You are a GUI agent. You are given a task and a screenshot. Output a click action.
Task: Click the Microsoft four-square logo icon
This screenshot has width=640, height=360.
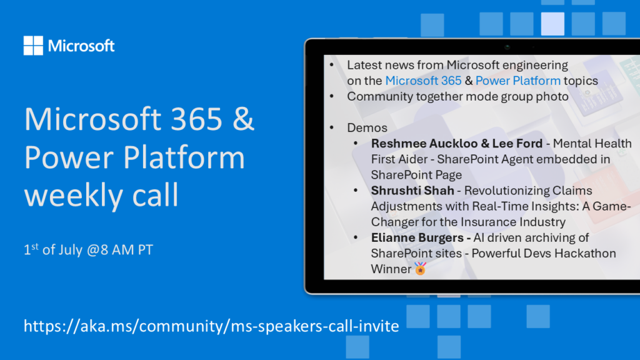(33, 45)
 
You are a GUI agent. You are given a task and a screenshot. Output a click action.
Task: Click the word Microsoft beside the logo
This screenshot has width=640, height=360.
(81, 46)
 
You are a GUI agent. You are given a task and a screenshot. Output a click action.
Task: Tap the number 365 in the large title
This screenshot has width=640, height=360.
(196, 119)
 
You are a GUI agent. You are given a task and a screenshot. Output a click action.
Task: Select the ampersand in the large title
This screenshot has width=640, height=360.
(244, 119)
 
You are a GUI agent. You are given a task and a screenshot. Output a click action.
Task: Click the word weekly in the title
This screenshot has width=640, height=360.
(74, 195)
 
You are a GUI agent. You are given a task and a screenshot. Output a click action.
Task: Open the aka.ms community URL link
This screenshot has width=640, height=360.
(211, 326)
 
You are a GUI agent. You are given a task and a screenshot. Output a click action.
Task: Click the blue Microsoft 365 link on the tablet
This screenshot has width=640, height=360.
(423, 81)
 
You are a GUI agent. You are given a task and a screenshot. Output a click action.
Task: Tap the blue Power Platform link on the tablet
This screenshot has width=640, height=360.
(518, 81)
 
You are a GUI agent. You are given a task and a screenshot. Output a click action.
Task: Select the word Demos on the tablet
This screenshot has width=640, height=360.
(367, 127)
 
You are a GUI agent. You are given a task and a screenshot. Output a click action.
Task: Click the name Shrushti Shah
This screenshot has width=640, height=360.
(412, 191)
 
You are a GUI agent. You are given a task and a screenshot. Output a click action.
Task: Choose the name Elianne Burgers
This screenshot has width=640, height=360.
(417, 238)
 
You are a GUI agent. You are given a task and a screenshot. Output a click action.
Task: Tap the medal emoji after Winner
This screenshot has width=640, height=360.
(421, 269)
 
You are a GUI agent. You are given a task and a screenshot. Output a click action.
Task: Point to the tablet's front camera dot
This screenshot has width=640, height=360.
(507, 47)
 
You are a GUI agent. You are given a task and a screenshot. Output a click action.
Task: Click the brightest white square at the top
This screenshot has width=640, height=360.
(552, 24)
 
